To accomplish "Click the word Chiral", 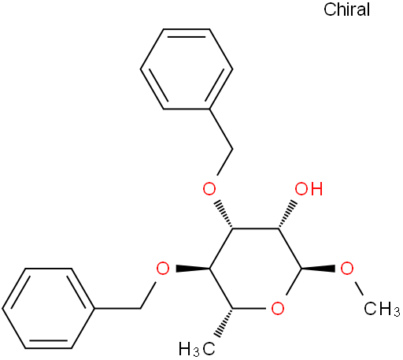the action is coord(346,9).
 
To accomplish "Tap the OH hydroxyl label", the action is coord(309,189).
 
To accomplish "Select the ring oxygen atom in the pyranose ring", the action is coord(278,308).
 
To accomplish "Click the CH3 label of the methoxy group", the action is coord(382,309).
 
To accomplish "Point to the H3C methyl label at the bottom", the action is coord(197,349).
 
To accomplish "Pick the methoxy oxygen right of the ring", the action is coord(347,269).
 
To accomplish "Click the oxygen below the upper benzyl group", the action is coord(209,188).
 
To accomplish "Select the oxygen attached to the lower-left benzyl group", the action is coord(163,269).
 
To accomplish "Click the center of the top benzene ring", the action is coord(187,69).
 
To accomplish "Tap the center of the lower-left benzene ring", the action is coord(48,309).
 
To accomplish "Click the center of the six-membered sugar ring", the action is coord(255,269).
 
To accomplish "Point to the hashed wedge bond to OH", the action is coord(288,215).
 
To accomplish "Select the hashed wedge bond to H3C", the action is coord(224,322).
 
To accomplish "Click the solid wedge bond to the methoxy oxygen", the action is coord(318,269).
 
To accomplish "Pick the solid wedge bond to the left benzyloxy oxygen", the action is coord(193,269).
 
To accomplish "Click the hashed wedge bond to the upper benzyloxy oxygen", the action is coord(223,215).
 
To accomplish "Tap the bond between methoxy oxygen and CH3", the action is coord(358,288).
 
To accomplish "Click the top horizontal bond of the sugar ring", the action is coord(255,228).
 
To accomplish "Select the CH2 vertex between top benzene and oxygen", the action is coord(232,149).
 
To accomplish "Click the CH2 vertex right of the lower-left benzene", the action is coord(141,308).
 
